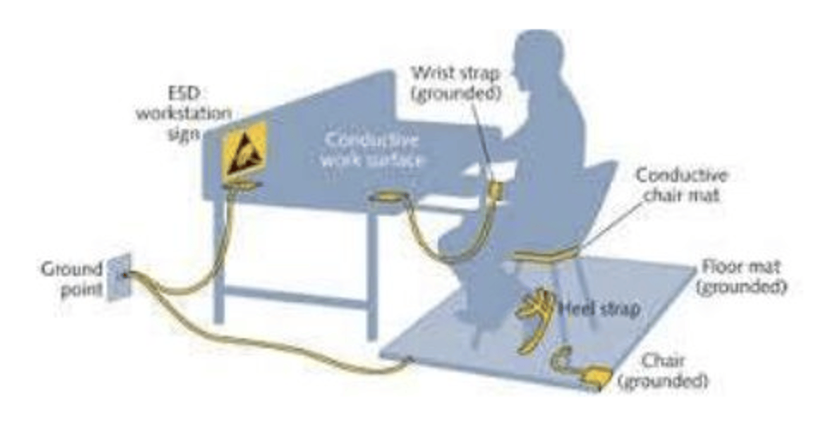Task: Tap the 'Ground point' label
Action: (72, 279)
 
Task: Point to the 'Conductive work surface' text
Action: (371, 150)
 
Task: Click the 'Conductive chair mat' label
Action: (682, 184)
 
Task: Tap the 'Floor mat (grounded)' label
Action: (740, 277)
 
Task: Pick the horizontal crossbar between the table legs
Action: (294, 297)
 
